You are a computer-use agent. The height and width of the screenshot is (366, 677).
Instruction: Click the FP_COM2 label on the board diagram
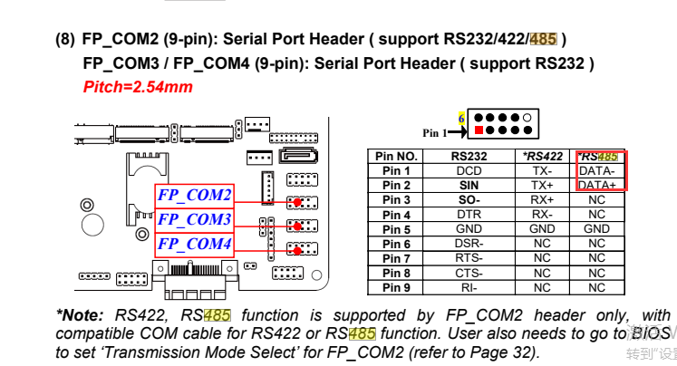point(194,195)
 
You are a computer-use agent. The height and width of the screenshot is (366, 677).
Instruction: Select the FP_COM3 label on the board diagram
point(194,219)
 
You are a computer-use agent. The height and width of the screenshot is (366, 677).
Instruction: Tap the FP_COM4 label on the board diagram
point(194,245)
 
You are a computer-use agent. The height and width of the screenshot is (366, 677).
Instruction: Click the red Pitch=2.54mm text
point(138,87)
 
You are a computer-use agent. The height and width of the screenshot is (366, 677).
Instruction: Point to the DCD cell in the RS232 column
point(469,171)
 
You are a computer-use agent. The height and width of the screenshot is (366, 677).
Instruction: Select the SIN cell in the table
point(469,186)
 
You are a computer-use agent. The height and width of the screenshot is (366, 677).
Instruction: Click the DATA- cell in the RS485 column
point(596,171)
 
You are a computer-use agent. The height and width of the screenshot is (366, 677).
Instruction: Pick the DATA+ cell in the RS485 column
point(596,186)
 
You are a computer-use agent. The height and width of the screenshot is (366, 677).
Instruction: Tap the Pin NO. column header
point(396,156)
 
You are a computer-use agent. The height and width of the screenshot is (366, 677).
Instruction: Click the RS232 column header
point(469,156)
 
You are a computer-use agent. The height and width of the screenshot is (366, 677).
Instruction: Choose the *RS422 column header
point(541,156)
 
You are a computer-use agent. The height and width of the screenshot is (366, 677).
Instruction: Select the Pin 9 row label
point(396,288)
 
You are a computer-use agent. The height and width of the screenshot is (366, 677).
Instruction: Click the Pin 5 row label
point(396,229)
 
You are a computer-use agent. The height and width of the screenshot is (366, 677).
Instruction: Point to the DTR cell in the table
point(469,215)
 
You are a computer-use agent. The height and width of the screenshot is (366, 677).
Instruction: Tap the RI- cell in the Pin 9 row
point(469,288)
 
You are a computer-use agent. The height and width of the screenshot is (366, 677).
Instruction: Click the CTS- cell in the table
point(469,274)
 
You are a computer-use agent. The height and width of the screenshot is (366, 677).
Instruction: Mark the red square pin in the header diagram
point(478,130)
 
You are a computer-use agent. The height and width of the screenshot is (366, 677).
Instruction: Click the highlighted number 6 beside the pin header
point(461,118)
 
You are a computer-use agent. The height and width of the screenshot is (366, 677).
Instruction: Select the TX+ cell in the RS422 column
point(541,186)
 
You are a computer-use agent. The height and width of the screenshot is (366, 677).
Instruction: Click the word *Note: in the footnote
point(82,316)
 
